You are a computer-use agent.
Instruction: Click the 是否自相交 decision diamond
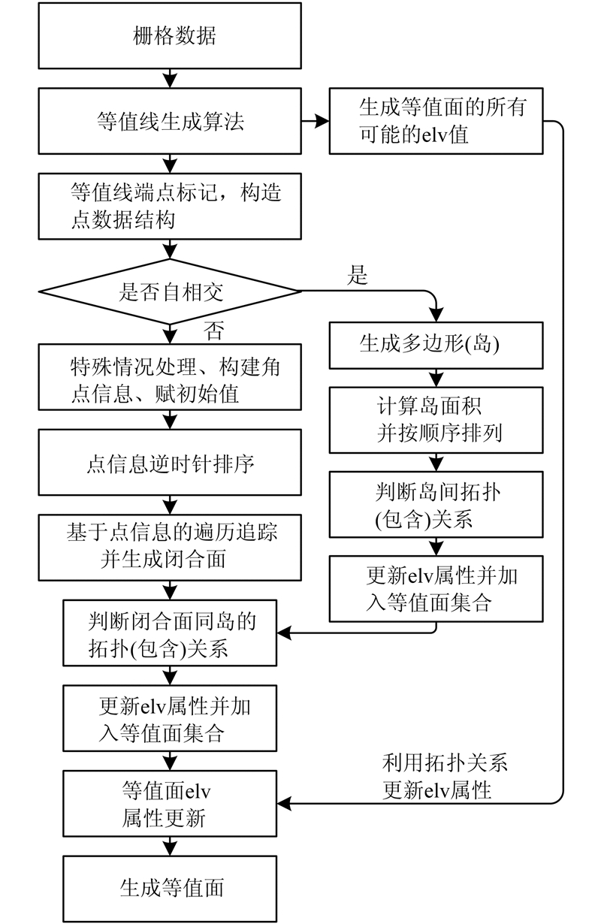(171, 291)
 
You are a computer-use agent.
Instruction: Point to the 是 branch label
(358, 276)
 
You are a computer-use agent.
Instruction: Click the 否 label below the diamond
(213, 331)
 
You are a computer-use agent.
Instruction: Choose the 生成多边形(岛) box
(436, 344)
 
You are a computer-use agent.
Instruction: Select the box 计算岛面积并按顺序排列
(436, 419)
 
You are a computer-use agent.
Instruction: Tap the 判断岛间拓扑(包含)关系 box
(436, 504)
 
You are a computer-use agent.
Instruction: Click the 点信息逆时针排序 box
(171, 464)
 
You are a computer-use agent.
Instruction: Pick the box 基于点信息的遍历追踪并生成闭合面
(171, 547)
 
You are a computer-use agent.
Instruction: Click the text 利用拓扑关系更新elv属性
(445, 776)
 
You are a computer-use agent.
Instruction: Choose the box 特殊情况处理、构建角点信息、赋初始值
(171, 378)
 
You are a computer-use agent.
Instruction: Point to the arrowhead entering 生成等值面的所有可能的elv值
(323, 120)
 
